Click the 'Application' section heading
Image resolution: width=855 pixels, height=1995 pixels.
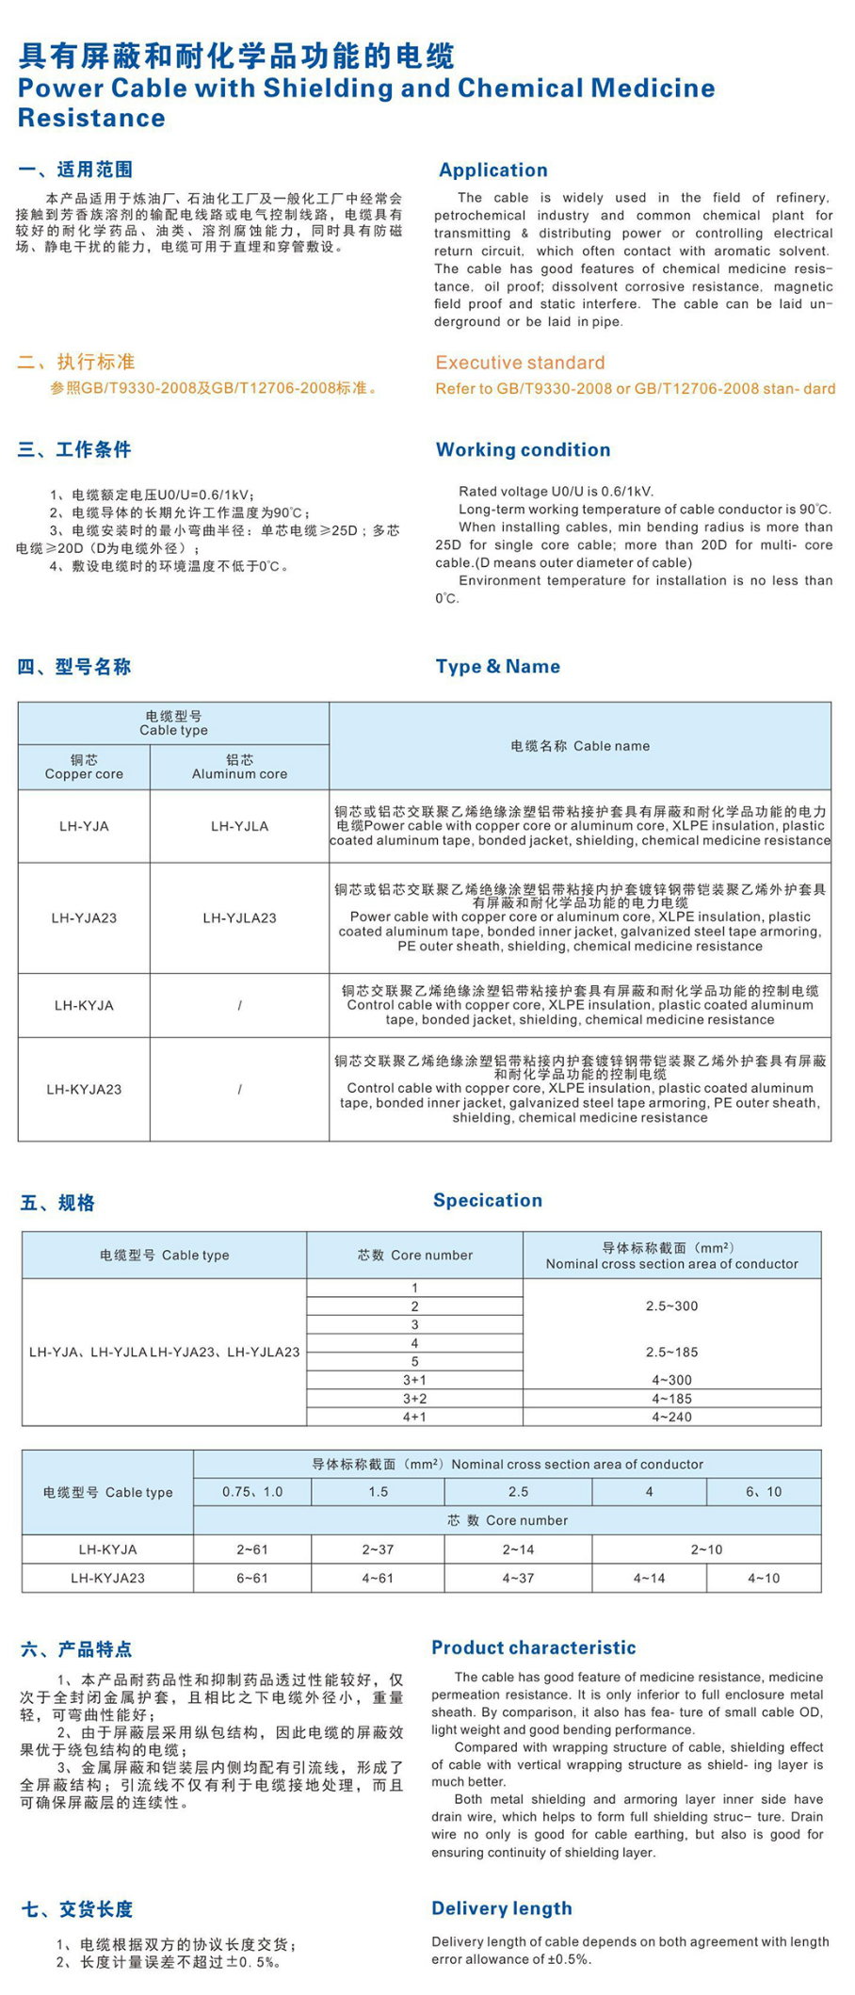492,170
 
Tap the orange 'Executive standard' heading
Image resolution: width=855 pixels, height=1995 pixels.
520,363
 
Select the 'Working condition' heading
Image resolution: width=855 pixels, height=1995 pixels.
523,449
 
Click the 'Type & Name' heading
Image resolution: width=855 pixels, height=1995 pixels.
497,666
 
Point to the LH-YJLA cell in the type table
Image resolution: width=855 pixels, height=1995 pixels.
239,826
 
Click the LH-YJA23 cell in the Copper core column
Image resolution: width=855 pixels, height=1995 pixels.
84,917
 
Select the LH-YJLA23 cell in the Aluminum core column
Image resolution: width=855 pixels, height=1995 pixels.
239,917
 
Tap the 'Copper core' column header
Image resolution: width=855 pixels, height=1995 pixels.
84,767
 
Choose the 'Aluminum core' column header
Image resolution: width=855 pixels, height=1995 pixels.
239,767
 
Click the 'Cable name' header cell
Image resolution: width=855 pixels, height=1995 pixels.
580,746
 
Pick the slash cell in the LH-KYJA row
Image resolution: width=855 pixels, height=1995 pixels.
239,1005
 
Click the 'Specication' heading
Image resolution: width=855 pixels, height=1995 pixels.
487,1200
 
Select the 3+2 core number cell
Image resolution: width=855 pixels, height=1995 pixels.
414,1399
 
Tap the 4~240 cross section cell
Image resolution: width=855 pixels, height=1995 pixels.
671,1417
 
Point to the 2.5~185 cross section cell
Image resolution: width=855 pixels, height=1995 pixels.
671,1352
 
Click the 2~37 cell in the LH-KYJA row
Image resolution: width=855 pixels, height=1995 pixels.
378,1549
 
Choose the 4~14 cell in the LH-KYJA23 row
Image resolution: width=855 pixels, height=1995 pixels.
649,1578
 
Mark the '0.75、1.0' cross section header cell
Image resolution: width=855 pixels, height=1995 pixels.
252,1492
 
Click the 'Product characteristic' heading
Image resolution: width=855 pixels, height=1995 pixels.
533,1647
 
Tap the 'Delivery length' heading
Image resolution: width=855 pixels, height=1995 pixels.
501,1908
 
